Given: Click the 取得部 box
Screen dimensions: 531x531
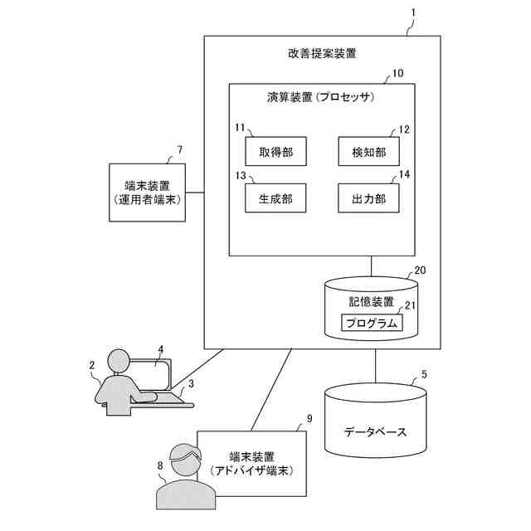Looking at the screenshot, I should pyautogui.click(x=275, y=151).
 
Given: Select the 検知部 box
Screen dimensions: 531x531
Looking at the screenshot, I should pyautogui.click(x=369, y=151).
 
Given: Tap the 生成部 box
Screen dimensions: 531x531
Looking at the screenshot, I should pyautogui.click(x=275, y=199).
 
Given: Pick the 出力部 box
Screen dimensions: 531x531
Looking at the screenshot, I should pyautogui.click(x=369, y=199).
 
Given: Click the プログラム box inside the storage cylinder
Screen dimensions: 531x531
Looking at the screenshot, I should pyautogui.click(x=371, y=322).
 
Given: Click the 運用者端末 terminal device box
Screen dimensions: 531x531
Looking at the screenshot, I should pyautogui.click(x=147, y=192).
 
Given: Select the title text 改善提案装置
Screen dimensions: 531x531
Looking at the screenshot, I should pyautogui.click(x=322, y=54).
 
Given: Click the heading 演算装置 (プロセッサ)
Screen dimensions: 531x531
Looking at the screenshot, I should pyautogui.click(x=322, y=97).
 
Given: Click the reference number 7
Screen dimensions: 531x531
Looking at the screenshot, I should pyautogui.click(x=180, y=150).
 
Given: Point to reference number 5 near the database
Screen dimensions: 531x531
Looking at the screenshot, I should pyautogui.click(x=425, y=374).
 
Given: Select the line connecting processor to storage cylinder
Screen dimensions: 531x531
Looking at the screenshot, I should pyautogui.click(x=371, y=266).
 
